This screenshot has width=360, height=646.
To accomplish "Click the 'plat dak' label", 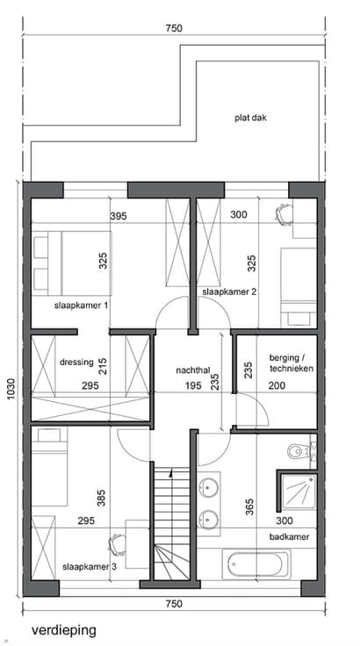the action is (x=251, y=118).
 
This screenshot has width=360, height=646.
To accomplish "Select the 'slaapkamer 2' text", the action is (x=229, y=292).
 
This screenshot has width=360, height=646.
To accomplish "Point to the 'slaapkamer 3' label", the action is (x=90, y=567).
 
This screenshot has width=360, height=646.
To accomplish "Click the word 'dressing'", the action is (x=76, y=362).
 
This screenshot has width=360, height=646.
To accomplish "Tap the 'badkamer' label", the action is (x=290, y=537).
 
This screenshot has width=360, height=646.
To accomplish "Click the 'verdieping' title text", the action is (x=64, y=630).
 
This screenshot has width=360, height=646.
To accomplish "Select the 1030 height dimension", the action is (x=11, y=389).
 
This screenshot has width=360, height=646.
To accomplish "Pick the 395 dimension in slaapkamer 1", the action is (x=119, y=216).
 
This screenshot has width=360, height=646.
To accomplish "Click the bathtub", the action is (x=256, y=563).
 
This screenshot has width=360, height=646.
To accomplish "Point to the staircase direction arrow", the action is (x=169, y=474).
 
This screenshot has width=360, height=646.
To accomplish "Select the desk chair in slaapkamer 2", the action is (x=283, y=213).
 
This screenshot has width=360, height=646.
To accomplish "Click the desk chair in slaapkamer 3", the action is (x=117, y=543).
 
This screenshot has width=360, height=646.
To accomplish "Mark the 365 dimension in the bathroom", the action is (x=249, y=507).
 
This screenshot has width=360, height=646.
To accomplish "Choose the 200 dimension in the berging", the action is (x=277, y=385).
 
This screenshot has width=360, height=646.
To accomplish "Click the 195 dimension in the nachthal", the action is (x=193, y=385).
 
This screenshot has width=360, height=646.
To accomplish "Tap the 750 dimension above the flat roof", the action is (x=174, y=28).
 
